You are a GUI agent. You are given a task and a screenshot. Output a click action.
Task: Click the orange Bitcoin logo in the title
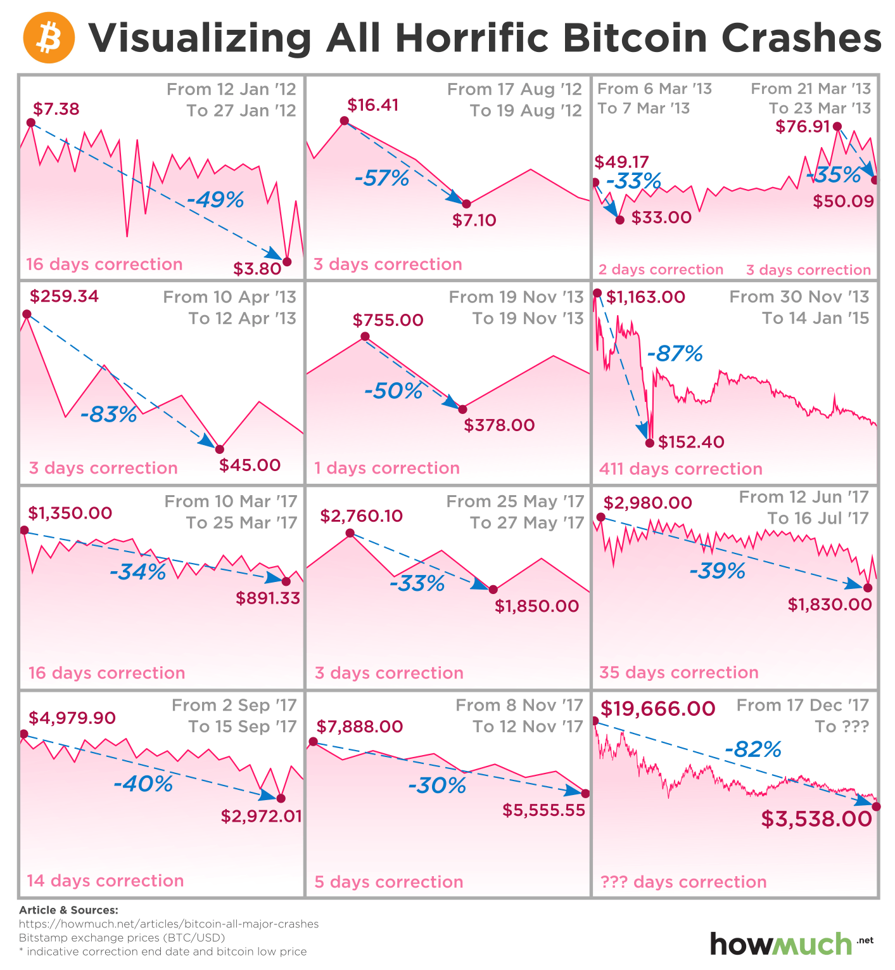tap(49, 39)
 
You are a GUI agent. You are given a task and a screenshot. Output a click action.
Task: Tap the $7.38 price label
tap(56, 109)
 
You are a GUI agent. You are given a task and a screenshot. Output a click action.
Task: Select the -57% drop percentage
tap(382, 178)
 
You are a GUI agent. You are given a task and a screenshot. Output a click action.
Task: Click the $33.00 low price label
tap(661, 217)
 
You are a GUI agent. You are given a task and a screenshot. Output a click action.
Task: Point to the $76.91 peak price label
tap(803, 126)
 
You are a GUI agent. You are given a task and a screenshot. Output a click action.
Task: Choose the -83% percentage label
tap(108, 415)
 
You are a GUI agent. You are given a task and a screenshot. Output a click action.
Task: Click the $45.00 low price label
tap(250, 465)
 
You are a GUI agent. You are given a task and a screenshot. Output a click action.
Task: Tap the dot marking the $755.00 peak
tap(365, 337)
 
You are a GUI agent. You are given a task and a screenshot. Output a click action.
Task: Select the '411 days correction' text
tap(680, 469)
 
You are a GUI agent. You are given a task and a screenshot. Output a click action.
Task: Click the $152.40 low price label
tap(691, 441)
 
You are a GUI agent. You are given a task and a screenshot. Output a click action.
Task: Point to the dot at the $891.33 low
tap(286, 581)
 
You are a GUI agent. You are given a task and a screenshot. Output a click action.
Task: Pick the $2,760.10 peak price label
tap(361, 515)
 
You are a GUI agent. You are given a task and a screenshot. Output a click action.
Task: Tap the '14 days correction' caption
tap(105, 881)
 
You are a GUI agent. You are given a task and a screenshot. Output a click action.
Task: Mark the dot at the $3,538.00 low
tap(876, 806)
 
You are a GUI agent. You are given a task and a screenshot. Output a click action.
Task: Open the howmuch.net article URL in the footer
tap(168, 924)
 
